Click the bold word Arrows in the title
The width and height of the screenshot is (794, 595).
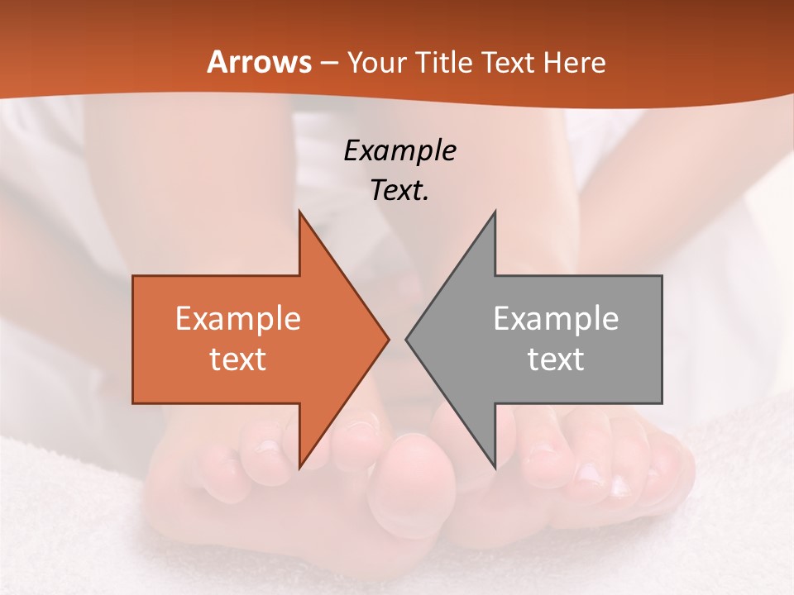[x=259, y=62]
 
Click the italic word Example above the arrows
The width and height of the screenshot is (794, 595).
[x=399, y=150]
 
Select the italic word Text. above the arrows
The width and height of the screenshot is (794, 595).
[x=399, y=190]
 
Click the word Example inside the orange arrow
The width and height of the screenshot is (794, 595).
[x=238, y=318]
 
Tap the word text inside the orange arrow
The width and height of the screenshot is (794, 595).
[x=238, y=359]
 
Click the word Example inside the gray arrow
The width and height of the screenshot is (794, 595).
[x=556, y=318]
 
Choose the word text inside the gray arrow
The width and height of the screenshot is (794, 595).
[x=556, y=359]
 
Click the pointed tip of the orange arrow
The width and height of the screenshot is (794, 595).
[x=388, y=339]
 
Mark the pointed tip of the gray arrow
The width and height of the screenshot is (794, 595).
[x=407, y=339]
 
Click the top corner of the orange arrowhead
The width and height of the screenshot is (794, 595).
[x=299, y=212]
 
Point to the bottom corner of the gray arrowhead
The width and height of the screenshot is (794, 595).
[x=495, y=466]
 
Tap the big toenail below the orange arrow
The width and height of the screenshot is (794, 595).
[x=361, y=427]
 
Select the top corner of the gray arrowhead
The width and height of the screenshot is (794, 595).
[x=495, y=212]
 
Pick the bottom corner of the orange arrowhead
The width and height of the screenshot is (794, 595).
[x=299, y=466]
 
